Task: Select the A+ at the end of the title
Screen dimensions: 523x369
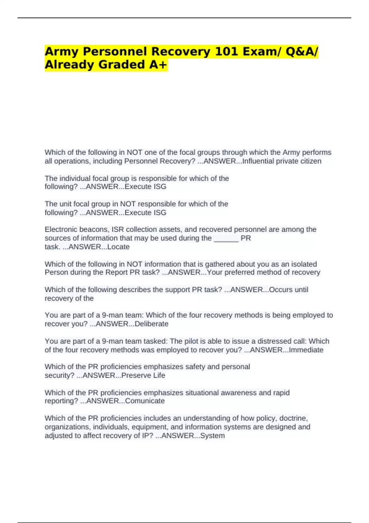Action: point(158,65)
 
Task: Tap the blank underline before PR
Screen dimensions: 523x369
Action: point(226,238)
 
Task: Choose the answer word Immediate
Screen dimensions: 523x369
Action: point(306,350)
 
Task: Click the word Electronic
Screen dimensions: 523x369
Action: point(60,230)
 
